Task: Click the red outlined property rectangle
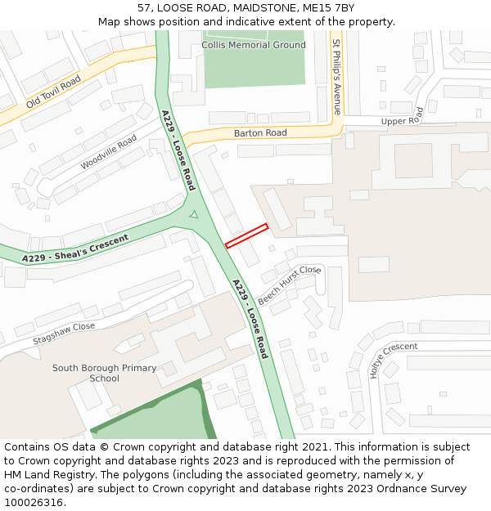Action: [246, 235]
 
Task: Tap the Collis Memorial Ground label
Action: [254, 45]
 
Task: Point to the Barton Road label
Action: [260, 132]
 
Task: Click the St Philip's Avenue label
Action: [336, 75]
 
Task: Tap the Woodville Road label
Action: [109, 153]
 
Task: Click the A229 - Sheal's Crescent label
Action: [75, 249]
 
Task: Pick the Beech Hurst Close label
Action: [289, 284]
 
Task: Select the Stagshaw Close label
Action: [64, 333]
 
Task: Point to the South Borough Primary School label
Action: [104, 373]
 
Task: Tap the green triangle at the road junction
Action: [193, 214]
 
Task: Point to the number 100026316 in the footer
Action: [34, 502]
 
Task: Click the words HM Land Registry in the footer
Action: [46, 474]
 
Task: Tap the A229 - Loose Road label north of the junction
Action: [178, 150]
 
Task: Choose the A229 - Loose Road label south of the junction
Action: [250, 319]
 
